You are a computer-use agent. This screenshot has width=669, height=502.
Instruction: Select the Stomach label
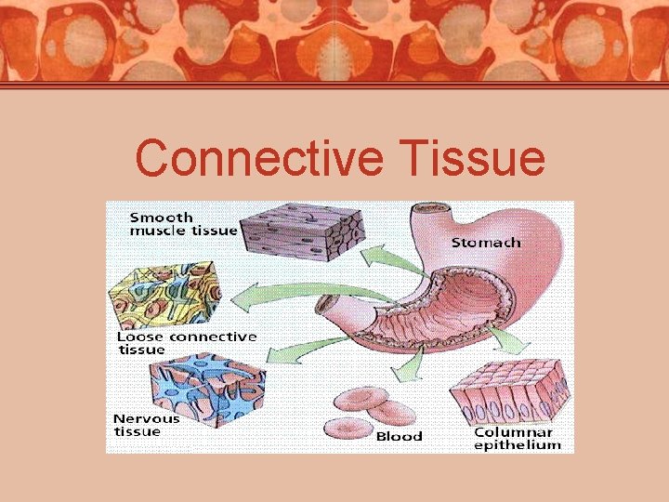pyautogui.click(x=485, y=243)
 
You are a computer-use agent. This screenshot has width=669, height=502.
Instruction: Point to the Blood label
pyautogui.click(x=399, y=436)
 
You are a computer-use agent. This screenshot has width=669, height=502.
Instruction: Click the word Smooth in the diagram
pyautogui.click(x=161, y=217)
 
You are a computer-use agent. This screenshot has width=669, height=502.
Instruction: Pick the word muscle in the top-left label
pyautogui.click(x=157, y=231)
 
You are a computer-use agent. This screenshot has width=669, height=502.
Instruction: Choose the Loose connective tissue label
pyautogui.click(x=187, y=342)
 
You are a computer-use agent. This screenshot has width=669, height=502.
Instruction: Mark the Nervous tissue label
pyautogui.click(x=146, y=425)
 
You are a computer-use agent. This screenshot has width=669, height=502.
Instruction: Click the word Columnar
pyautogui.click(x=513, y=432)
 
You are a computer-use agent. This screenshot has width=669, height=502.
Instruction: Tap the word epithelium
pyautogui.click(x=518, y=445)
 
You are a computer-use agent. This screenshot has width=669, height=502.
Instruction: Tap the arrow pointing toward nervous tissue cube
pyautogui.click(x=297, y=352)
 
